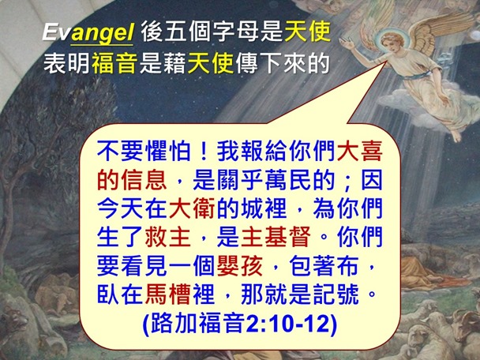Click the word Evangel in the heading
pos(88,33)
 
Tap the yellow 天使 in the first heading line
pos(306,33)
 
